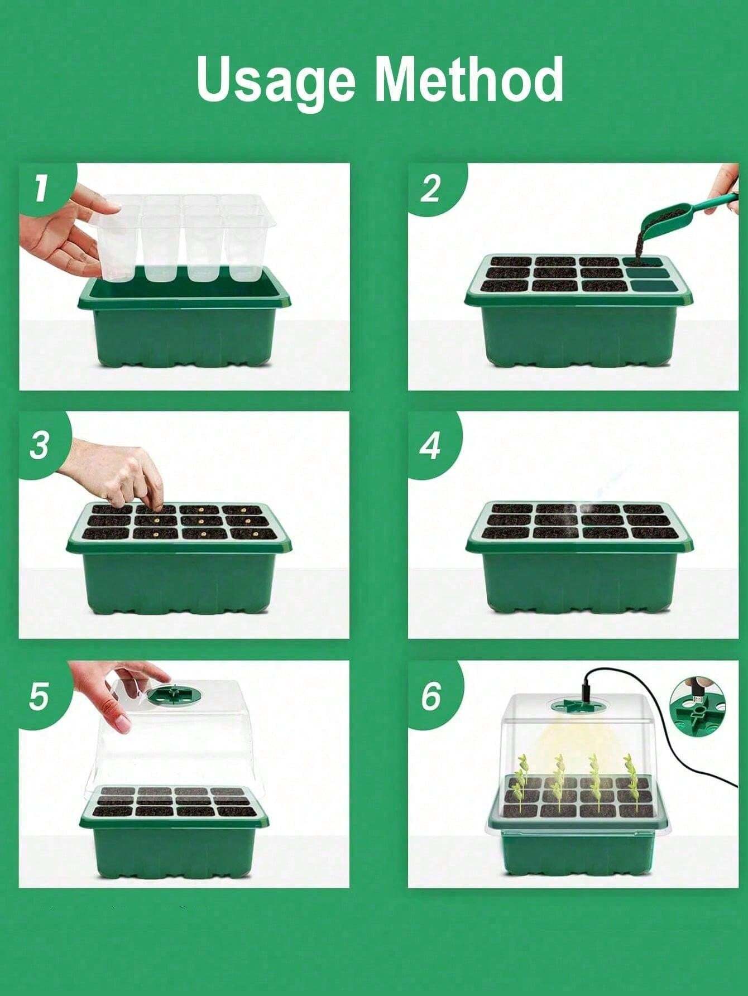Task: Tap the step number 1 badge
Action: point(40,189)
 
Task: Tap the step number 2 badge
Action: point(430,190)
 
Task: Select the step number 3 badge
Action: point(39,445)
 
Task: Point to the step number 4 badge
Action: point(430,445)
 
